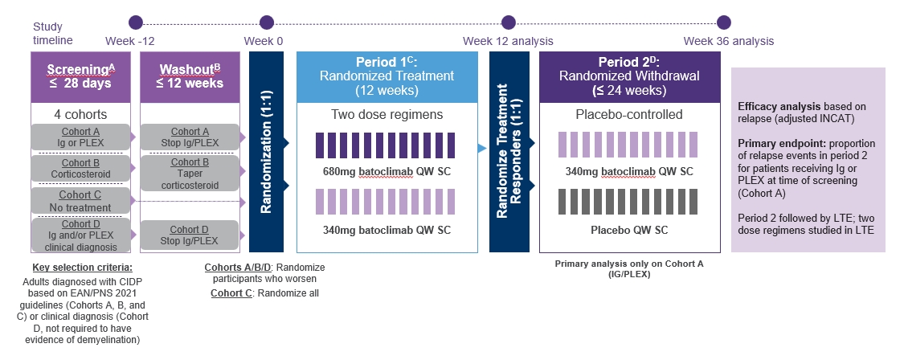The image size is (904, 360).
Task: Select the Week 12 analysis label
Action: click(x=507, y=41)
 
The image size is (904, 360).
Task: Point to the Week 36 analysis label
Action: click(x=729, y=41)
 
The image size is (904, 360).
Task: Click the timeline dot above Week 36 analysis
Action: click(x=723, y=22)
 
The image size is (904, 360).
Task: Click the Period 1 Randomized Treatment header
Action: click(x=387, y=76)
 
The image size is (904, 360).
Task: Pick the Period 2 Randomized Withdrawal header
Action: click(x=629, y=76)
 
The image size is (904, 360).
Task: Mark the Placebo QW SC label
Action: click(x=628, y=231)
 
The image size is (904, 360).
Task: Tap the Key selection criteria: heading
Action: click(x=80, y=268)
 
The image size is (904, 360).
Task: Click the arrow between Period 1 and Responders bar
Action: click(x=481, y=148)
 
